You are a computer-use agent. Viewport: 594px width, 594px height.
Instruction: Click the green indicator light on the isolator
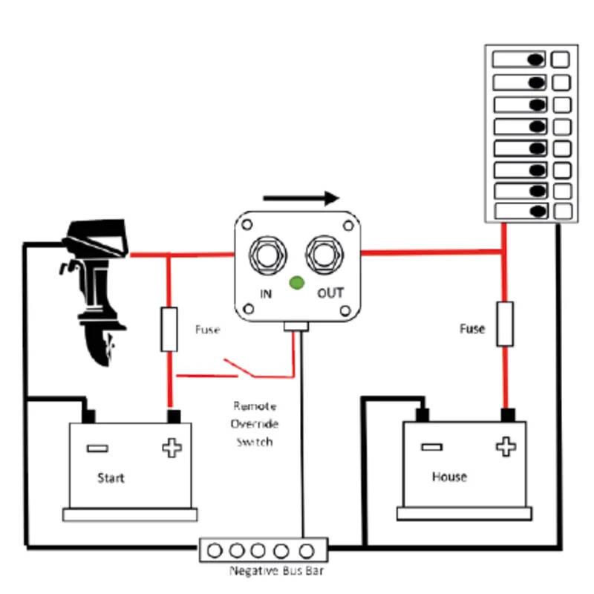point(296,282)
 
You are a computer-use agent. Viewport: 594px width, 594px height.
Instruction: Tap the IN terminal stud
point(269,255)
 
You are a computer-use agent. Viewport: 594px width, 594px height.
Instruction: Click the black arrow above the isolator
point(301,198)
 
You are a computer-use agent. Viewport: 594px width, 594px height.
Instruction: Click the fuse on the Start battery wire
point(169,330)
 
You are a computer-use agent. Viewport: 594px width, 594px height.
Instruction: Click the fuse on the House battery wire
point(505,324)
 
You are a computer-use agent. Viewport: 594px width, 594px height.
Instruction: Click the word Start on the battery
point(111,477)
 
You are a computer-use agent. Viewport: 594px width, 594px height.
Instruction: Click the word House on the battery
point(449,476)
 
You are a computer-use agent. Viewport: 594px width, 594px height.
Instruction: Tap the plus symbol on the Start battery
point(172,448)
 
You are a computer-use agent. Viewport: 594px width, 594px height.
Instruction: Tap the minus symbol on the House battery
point(431,447)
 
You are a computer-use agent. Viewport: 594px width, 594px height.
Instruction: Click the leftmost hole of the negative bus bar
point(216,551)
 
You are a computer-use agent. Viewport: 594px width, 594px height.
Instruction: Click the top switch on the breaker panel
point(520,59)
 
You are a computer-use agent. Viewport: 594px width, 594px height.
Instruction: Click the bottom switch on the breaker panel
point(520,211)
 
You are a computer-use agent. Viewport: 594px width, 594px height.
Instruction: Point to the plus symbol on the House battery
point(506,447)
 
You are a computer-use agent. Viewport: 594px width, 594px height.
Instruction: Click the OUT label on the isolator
point(330,293)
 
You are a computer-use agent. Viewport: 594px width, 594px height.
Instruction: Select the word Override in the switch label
point(255,424)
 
